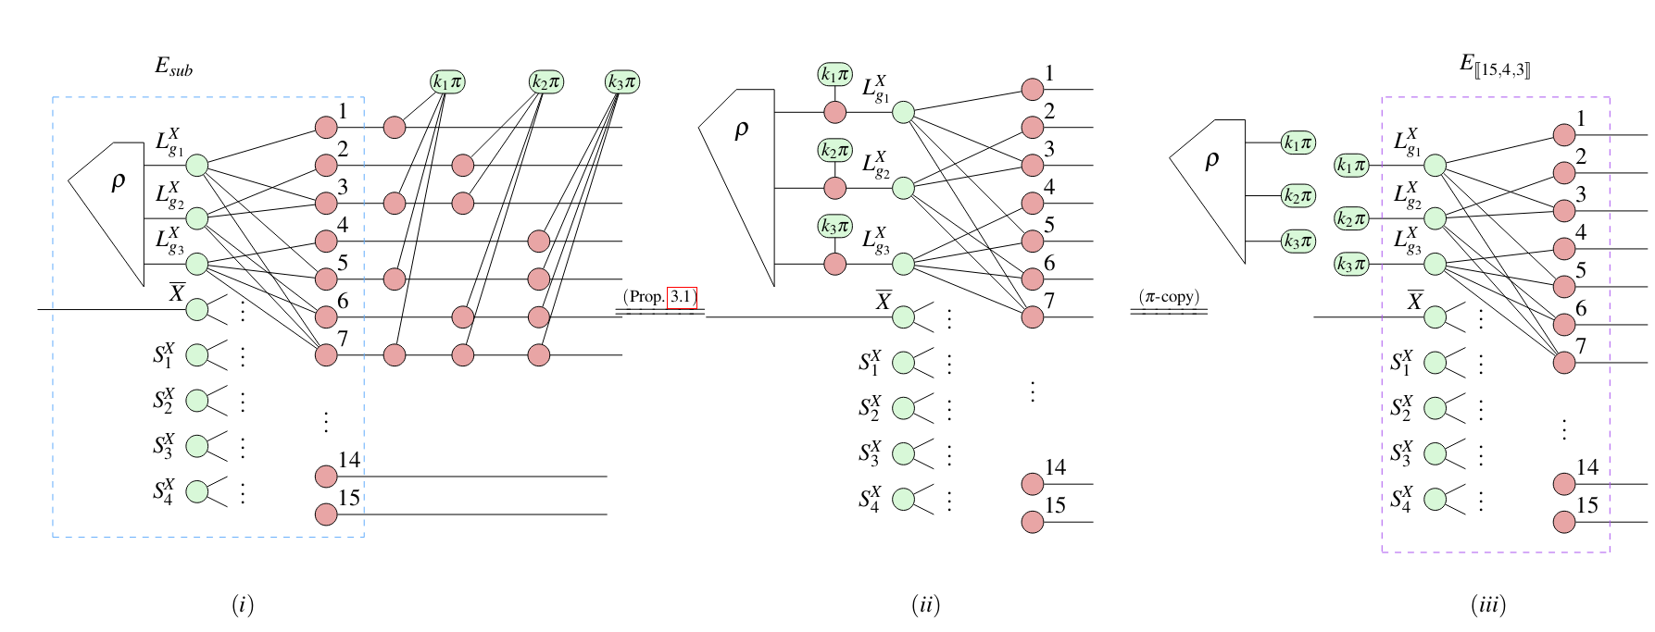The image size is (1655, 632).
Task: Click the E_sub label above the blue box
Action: pyautogui.click(x=173, y=67)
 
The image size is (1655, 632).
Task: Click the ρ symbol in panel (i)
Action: pyautogui.click(x=118, y=181)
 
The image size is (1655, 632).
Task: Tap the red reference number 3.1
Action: pyautogui.click(x=682, y=297)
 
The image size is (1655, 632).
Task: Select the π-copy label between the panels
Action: pyautogui.click(x=1169, y=297)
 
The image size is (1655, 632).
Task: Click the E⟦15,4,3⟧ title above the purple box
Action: pyautogui.click(x=1495, y=65)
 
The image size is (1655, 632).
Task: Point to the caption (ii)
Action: pyautogui.click(x=925, y=605)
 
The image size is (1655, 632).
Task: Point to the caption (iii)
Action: pyautogui.click(x=1488, y=605)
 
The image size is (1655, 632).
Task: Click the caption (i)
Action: pyautogui.click(x=243, y=605)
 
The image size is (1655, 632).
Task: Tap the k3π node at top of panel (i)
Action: pyautogui.click(x=622, y=81)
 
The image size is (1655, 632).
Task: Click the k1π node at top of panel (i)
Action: pyautogui.click(x=447, y=81)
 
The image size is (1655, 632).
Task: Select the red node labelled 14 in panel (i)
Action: pyautogui.click(x=326, y=477)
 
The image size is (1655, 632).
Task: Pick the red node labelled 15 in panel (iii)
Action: pyautogui.click(x=1564, y=522)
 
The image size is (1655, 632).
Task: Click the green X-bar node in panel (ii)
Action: pyautogui.click(x=903, y=317)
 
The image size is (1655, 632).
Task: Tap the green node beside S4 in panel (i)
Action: pyautogui.click(x=197, y=491)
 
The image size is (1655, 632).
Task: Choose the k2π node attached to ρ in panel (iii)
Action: pyautogui.click(x=1298, y=195)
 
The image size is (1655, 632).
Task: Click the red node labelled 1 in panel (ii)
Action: pyautogui.click(x=1033, y=90)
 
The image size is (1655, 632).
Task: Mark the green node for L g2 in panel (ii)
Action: pyautogui.click(x=903, y=189)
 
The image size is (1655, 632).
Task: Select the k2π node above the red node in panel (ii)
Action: pyautogui.click(x=834, y=150)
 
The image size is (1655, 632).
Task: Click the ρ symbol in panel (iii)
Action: pyautogui.click(x=1211, y=160)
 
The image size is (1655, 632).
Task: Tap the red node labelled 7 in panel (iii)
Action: pyautogui.click(x=1564, y=363)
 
